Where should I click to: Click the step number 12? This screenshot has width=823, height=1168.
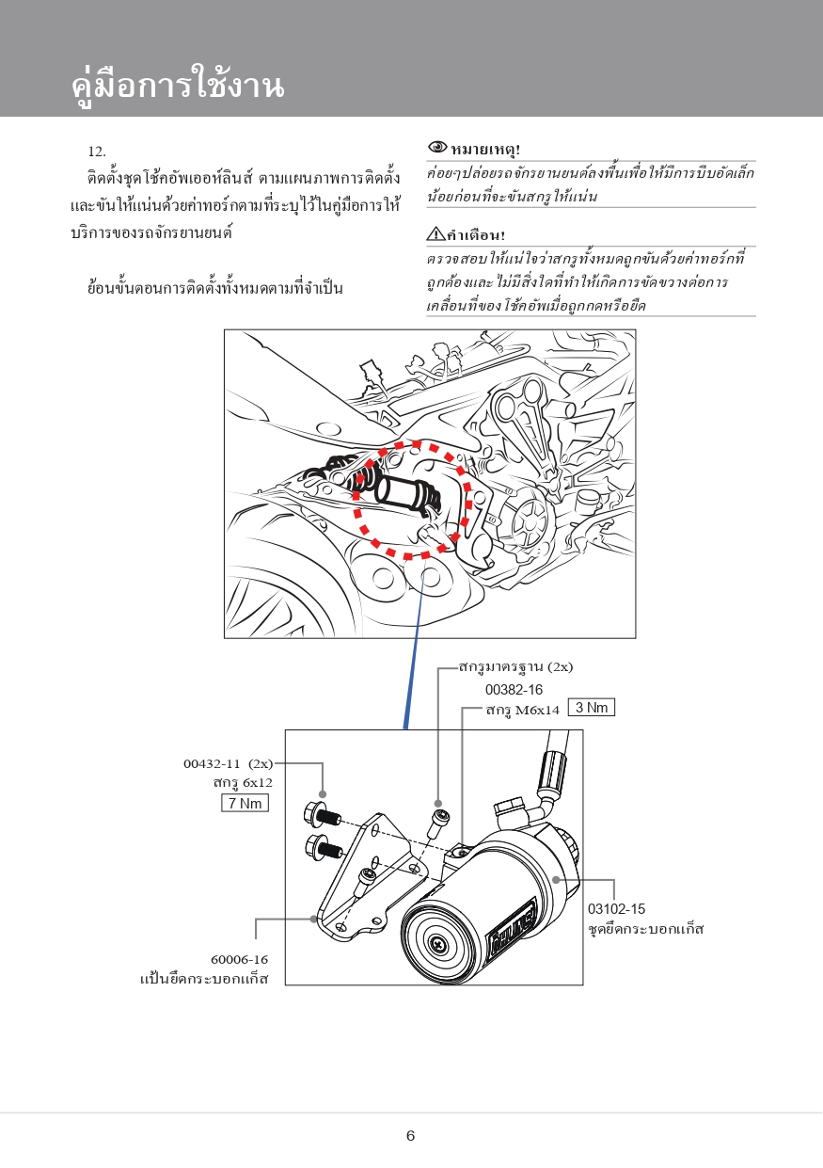tap(97, 152)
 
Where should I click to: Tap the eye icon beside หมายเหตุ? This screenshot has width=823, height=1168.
tap(437, 148)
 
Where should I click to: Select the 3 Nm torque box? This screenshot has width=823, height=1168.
tap(591, 708)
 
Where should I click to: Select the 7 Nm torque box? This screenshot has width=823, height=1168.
tap(244, 803)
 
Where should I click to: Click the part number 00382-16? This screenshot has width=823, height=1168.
tap(514, 689)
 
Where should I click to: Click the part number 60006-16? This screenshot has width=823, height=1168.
tap(239, 960)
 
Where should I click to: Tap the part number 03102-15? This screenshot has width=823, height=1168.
tap(616, 909)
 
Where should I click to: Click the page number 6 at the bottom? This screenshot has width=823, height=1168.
tap(410, 1135)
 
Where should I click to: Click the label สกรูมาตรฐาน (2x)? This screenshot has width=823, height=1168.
tap(515, 667)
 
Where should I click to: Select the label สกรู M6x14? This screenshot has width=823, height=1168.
tap(523, 710)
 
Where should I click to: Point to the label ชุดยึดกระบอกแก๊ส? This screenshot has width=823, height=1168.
tap(645, 930)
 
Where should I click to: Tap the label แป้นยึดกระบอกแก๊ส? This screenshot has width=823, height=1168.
tap(204, 979)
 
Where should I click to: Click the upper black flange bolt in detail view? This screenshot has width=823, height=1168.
tap(320, 815)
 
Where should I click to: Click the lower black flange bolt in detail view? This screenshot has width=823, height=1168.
tap(322, 848)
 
